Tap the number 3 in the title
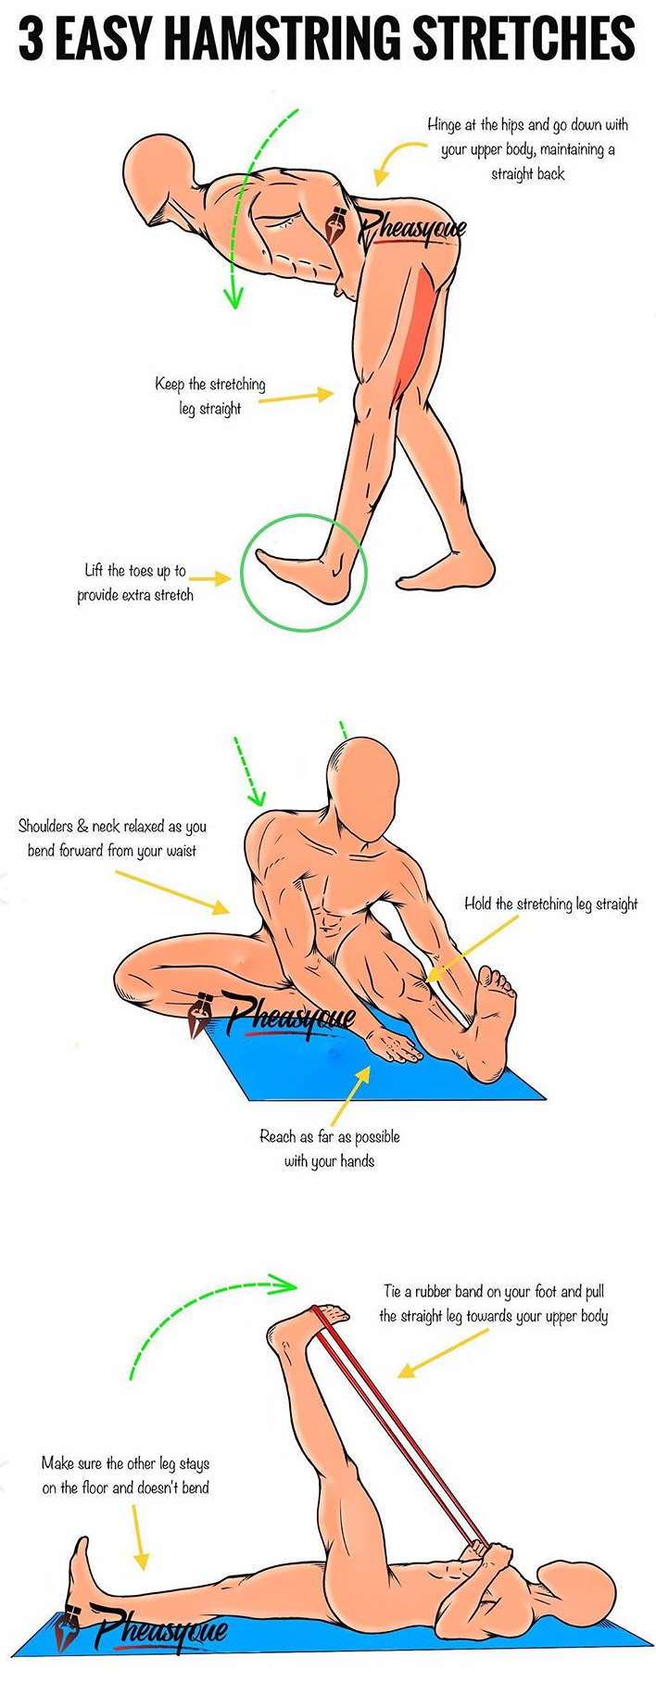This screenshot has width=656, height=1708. [32, 40]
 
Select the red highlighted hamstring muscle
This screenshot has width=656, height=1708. [415, 324]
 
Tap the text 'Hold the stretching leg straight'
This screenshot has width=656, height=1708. [550, 904]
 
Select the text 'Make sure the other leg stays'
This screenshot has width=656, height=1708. [125, 1463]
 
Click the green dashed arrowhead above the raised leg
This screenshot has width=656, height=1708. [284, 1284]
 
